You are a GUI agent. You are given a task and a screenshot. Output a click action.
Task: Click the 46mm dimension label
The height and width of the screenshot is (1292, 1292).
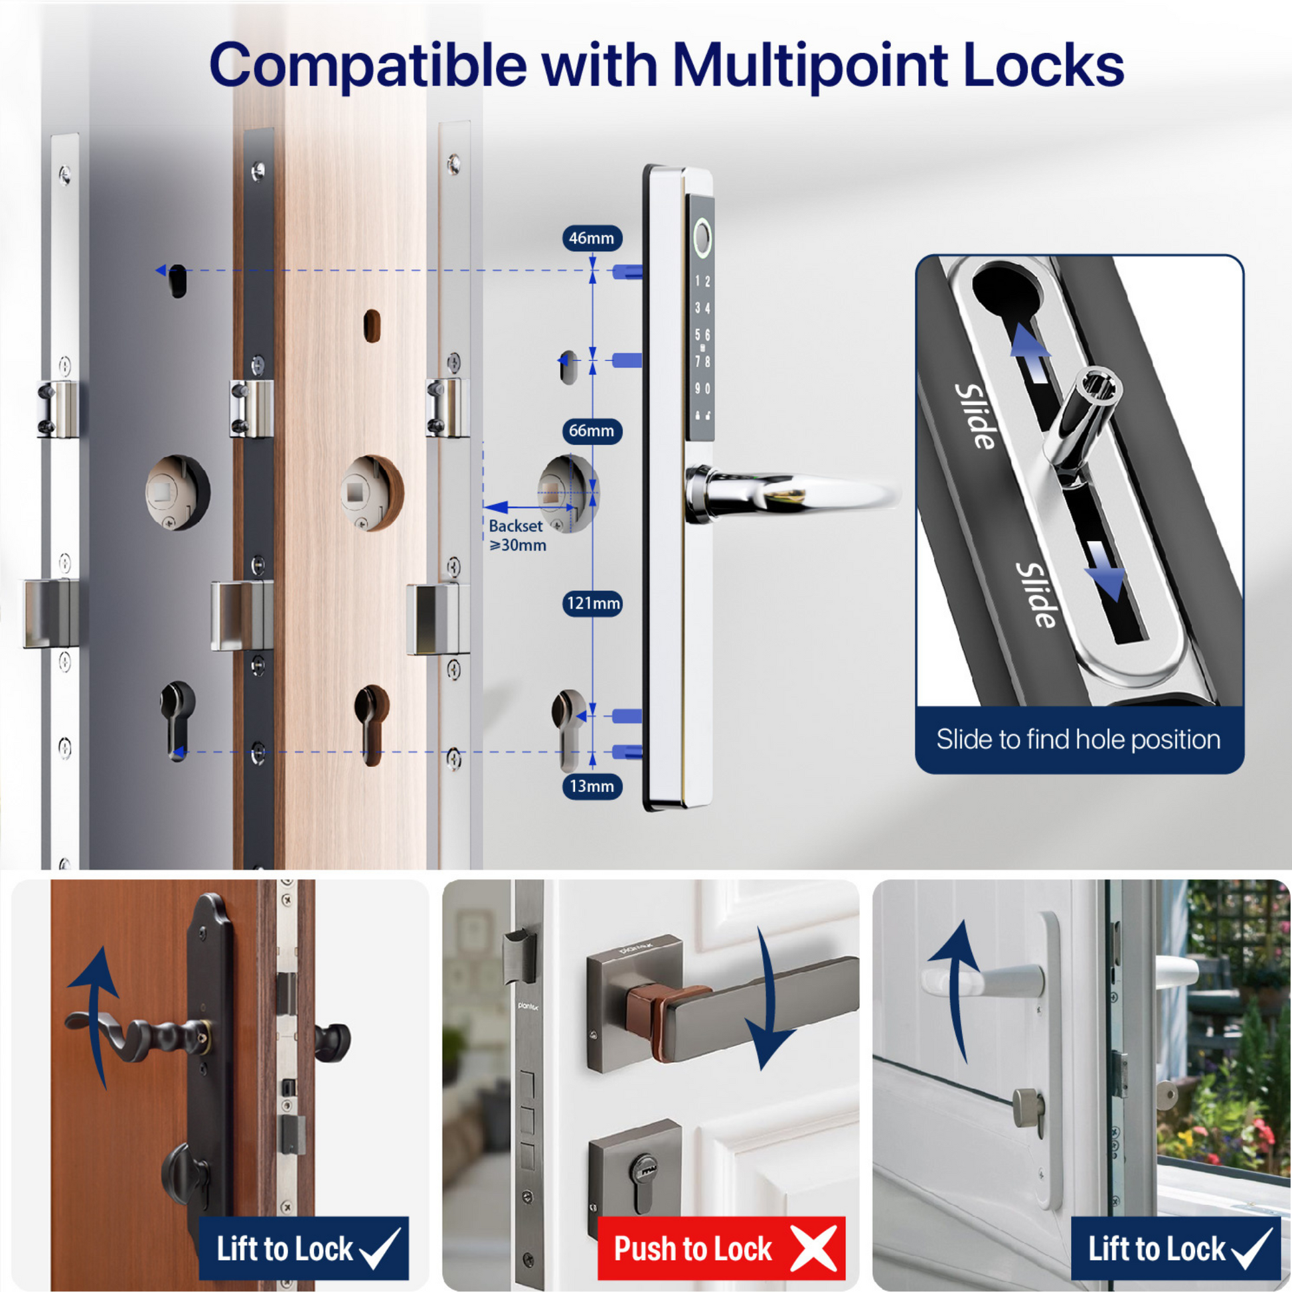click(x=592, y=238)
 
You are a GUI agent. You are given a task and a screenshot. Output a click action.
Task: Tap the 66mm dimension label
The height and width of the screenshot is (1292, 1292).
click(x=592, y=431)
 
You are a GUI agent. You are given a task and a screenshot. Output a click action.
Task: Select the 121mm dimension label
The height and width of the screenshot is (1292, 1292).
click(x=592, y=604)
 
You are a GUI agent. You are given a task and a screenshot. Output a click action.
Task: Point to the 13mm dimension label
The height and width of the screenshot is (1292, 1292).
click(x=592, y=786)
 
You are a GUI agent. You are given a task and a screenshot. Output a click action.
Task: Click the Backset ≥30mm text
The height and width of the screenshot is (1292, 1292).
click(x=518, y=535)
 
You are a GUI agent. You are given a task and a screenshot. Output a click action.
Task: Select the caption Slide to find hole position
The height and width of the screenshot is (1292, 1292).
click(x=1078, y=739)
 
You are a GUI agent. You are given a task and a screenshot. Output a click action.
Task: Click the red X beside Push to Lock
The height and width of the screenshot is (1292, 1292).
click(x=814, y=1249)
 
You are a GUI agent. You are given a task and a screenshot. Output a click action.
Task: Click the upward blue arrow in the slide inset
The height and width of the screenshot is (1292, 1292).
click(x=1030, y=349)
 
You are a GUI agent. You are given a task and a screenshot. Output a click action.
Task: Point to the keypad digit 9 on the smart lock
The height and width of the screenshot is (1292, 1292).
click(x=698, y=388)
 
